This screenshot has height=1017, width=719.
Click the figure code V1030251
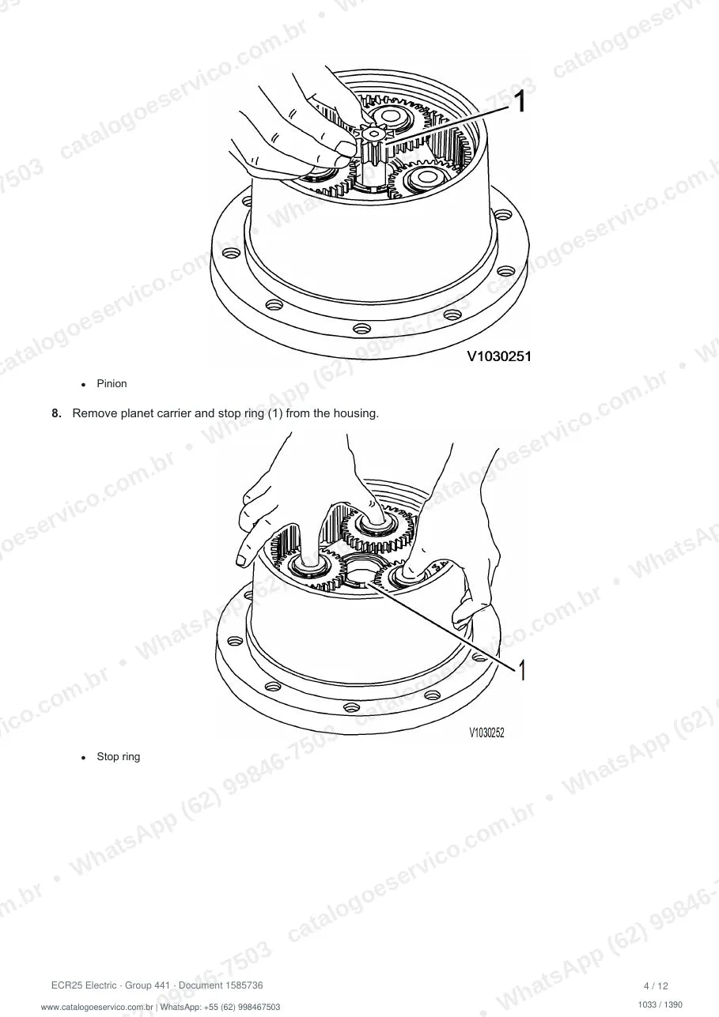[x=499, y=356]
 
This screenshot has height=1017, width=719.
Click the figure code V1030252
[x=486, y=733]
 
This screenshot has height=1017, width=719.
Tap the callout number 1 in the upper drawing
[x=520, y=101]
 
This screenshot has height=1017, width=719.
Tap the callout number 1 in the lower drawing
[x=522, y=670]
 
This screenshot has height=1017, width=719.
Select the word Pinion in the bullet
[x=112, y=383]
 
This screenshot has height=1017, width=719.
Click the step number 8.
[x=56, y=413]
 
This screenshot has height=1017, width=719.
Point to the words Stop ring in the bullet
[x=118, y=756]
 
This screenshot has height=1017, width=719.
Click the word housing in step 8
[x=356, y=413]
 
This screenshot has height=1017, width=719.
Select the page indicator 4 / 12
[x=657, y=985]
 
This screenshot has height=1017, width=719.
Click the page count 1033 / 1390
[x=660, y=1004]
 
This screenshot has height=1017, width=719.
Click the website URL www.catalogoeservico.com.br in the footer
[x=96, y=1007]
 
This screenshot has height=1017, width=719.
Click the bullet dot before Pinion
[x=83, y=385]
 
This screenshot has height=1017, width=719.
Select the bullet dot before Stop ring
[x=83, y=758]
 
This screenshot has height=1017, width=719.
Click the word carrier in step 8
[x=174, y=413]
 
